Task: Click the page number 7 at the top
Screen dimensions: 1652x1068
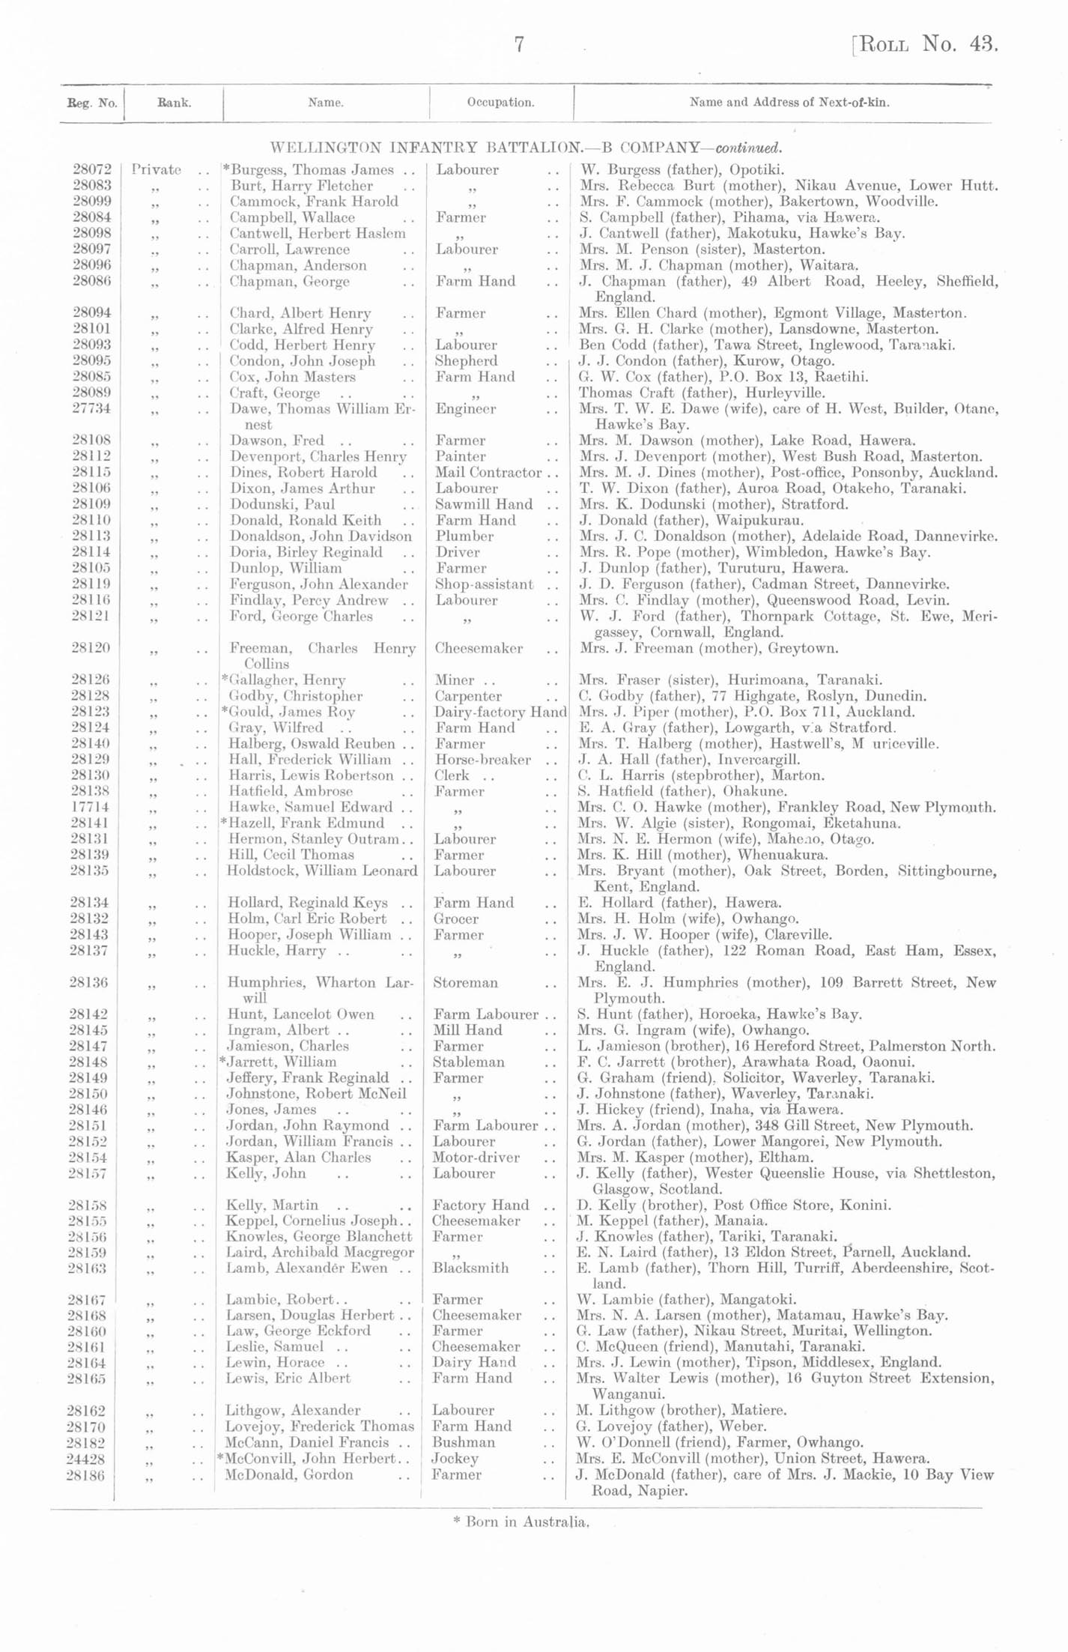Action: tap(519, 45)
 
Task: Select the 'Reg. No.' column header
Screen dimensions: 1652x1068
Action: tap(92, 103)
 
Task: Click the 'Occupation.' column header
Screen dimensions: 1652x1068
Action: tap(500, 103)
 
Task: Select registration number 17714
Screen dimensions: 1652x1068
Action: tap(91, 808)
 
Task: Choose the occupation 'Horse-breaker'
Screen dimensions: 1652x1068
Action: tap(482, 760)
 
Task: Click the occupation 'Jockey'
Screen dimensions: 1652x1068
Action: tap(455, 1459)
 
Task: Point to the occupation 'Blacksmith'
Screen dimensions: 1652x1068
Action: tap(470, 1268)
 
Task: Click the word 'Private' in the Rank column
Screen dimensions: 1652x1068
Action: tap(157, 170)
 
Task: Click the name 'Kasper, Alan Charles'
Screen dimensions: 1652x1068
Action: tap(298, 1158)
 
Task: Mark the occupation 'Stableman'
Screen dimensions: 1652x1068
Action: tap(468, 1062)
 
